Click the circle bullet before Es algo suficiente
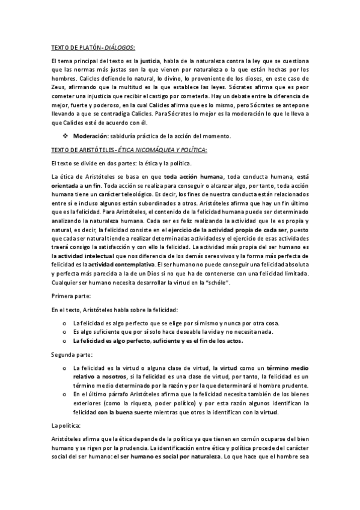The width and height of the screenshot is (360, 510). click(x=65, y=331)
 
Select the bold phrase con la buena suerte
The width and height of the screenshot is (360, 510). click(x=126, y=413)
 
